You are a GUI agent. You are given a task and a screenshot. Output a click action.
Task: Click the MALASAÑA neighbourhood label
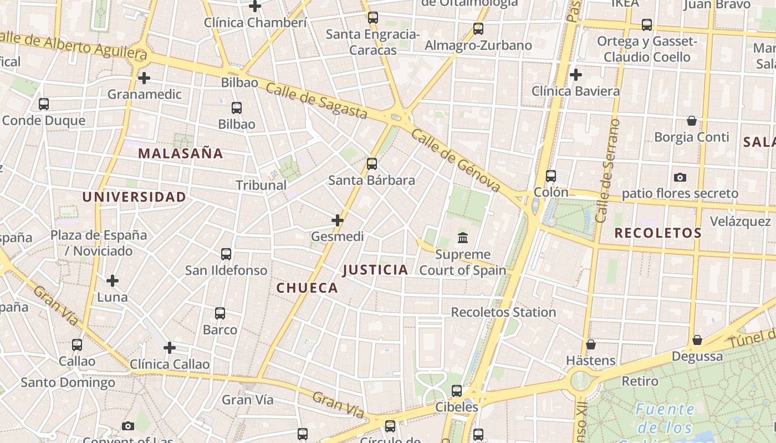[x=181, y=153]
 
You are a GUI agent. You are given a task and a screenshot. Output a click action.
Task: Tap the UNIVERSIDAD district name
[x=134, y=197]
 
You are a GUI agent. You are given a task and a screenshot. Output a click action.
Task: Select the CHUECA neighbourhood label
[x=307, y=287]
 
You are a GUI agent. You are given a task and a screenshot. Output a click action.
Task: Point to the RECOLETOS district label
[x=658, y=233]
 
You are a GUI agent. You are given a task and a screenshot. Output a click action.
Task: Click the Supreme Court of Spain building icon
[x=463, y=238]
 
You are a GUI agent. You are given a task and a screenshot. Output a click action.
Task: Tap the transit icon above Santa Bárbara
[x=372, y=164]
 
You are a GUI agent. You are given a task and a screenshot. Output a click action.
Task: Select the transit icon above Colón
[x=550, y=176]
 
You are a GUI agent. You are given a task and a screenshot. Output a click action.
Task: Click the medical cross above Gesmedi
[x=337, y=220]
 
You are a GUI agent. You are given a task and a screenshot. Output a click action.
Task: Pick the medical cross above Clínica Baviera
[x=576, y=74]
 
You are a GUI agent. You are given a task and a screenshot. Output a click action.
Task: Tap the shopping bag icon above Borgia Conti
[x=692, y=121]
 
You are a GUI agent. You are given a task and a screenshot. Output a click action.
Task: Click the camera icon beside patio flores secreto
[x=680, y=178]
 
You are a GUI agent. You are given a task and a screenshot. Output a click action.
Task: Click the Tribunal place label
[x=261, y=185]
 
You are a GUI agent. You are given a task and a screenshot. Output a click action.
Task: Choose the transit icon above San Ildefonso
[x=226, y=254]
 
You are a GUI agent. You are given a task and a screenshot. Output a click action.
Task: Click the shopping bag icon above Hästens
[x=591, y=344]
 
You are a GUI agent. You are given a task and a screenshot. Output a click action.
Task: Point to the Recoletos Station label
[x=503, y=312]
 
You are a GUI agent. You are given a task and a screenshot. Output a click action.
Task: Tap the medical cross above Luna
[x=113, y=281]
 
